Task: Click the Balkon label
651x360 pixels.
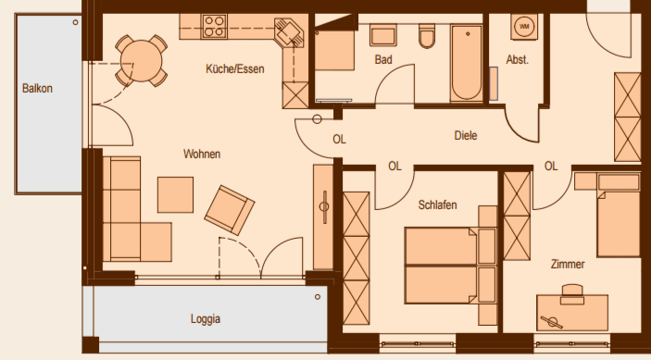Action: tap(37, 89)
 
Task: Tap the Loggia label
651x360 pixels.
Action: tap(205, 319)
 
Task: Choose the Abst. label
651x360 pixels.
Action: tap(517, 59)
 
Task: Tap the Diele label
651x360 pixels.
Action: tap(465, 135)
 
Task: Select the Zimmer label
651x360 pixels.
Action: tap(566, 265)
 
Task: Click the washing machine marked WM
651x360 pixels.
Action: tap(525, 27)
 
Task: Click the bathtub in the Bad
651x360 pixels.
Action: tap(463, 63)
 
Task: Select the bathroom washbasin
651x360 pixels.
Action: tap(382, 36)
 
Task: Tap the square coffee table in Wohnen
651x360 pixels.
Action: tap(176, 194)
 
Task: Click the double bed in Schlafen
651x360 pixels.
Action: tap(442, 264)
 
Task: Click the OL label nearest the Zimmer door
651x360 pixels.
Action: tap(551, 167)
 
